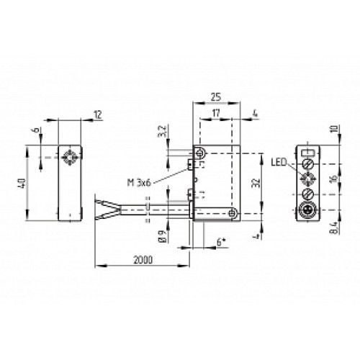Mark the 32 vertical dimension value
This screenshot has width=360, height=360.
(253, 184)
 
